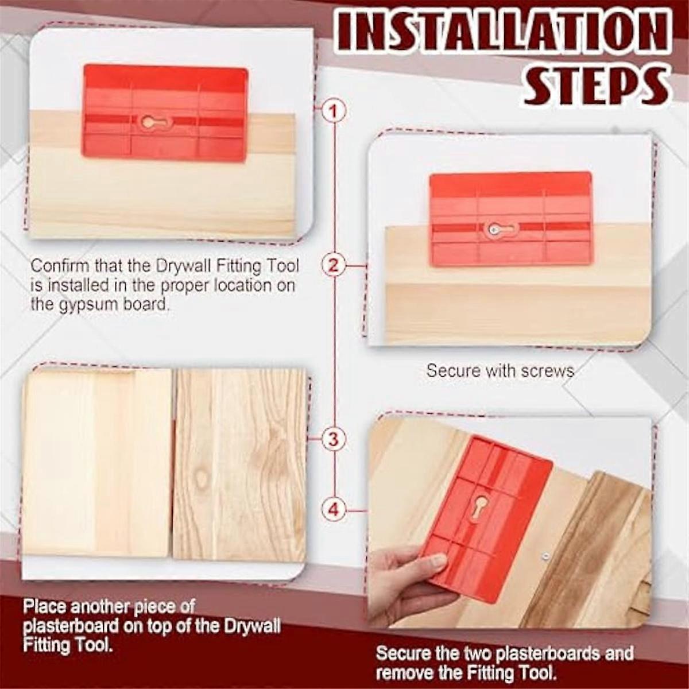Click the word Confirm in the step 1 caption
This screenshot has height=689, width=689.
[60, 266]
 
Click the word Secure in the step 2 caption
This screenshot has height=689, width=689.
[453, 371]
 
